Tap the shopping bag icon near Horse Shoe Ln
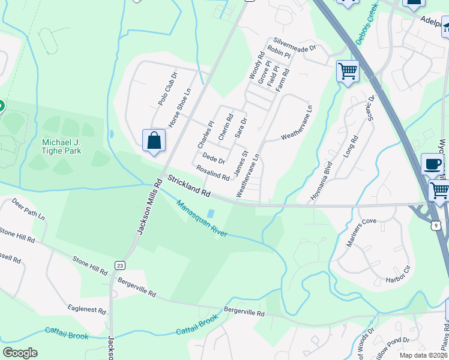[154, 141]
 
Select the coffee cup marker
[432, 164]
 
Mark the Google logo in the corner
[20, 353]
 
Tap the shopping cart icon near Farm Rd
[348, 71]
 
